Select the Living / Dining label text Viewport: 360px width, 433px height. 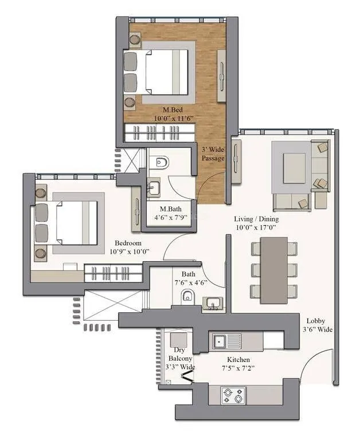tap(256, 223)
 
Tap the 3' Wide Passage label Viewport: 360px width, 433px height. tap(213, 153)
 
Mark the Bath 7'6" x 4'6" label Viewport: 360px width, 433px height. tap(189, 278)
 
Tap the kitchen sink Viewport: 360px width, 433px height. tap(220, 341)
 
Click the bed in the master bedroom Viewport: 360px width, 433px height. tap(163, 72)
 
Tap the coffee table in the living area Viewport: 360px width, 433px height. tap(294, 167)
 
